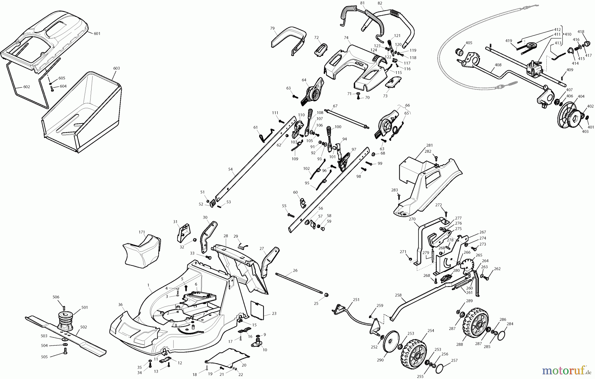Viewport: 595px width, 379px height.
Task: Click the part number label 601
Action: click(97, 34)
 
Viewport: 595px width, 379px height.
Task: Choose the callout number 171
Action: click(142, 232)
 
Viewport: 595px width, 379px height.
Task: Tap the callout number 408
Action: click(498, 65)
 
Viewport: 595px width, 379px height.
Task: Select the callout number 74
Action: click(346, 38)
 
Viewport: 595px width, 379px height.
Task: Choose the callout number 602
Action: click(26, 87)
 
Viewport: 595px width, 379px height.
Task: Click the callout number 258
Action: click(398, 295)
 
